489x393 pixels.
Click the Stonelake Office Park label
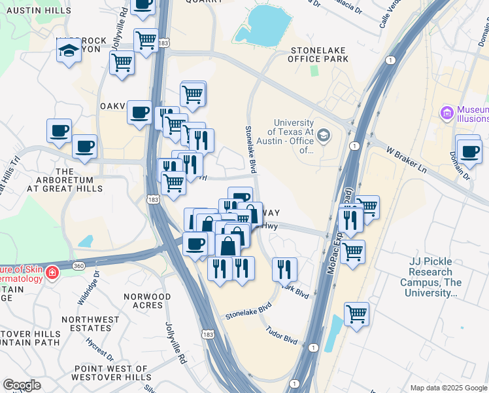pyautogui.click(x=320, y=54)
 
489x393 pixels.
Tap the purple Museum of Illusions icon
pyautogui.click(x=448, y=114)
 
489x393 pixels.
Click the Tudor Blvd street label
pyautogui.click(x=282, y=337)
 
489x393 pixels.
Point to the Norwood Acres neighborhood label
pyautogui.click(x=147, y=301)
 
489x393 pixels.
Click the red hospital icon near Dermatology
pyautogui.click(x=53, y=272)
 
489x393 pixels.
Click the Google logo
pyautogui.click(x=22, y=384)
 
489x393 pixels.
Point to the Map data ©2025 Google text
pyautogui.click(x=448, y=388)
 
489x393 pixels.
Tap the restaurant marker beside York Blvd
pyautogui.click(x=284, y=269)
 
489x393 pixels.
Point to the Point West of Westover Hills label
pyautogui.click(x=111, y=373)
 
